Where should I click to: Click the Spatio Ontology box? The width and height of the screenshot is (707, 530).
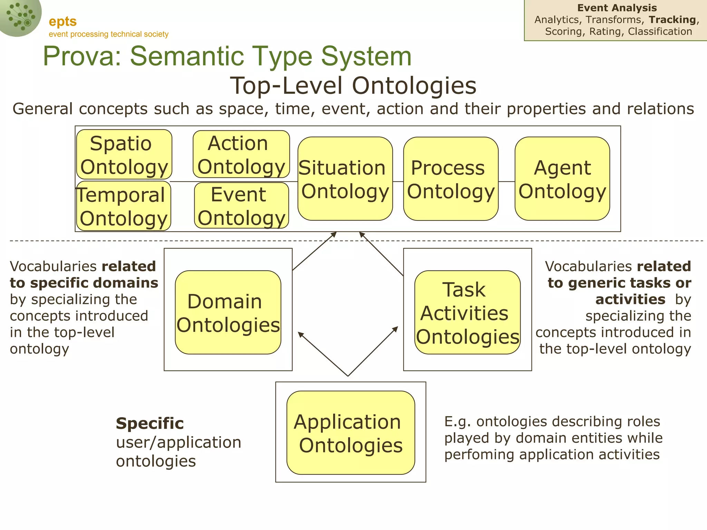point(124,154)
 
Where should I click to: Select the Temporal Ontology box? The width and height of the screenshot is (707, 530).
point(124,206)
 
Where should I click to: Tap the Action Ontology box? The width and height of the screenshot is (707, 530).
point(241,154)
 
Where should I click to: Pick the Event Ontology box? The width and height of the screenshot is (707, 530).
point(241,206)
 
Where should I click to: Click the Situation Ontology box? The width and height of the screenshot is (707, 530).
point(345,179)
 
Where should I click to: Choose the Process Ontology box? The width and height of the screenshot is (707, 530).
point(451,179)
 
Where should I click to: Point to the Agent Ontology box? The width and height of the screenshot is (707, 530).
point(562,179)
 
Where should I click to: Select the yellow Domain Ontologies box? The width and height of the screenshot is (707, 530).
point(228,312)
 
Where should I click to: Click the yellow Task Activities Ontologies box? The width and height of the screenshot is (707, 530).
point(467,312)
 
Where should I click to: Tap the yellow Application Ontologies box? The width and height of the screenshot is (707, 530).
point(350,433)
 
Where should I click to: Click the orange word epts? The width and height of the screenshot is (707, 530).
point(62,21)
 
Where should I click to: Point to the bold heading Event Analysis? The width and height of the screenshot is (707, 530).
point(617,8)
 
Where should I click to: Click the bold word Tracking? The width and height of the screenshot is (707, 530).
point(672,20)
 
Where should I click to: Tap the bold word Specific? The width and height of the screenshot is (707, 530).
point(149,423)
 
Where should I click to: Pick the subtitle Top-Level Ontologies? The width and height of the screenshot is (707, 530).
point(353,86)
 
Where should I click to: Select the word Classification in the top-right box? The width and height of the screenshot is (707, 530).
point(660,31)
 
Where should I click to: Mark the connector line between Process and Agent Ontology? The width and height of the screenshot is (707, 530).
point(506,181)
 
